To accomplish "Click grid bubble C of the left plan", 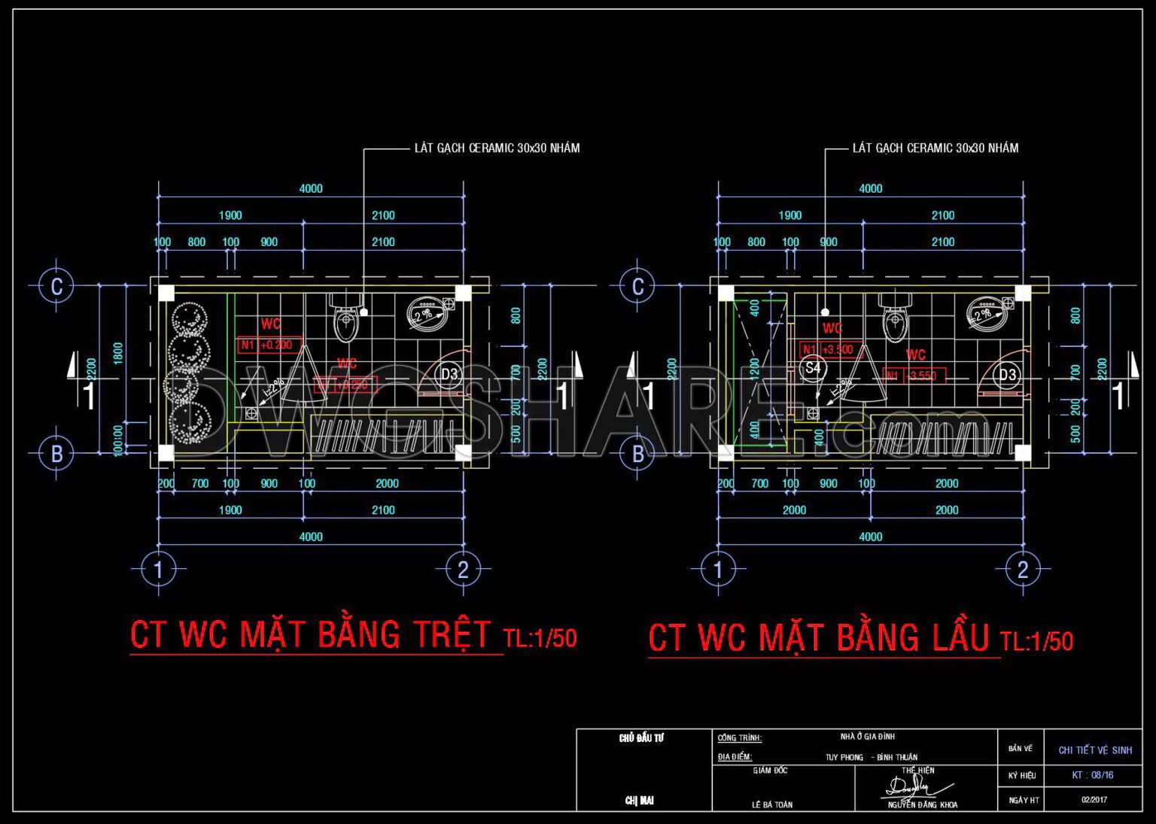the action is click(x=56, y=286).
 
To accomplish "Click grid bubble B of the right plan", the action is click(x=637, y=454).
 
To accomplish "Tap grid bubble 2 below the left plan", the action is click(x=463, y=570).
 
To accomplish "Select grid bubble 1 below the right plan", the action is click(x=717, y=570).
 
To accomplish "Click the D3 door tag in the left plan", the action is click(x=449, y=374).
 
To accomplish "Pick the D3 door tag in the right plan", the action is click(x=1008, y=375).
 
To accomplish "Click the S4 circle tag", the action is click(x=813, y=368).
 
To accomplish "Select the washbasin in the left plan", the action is click(x=427, y=314).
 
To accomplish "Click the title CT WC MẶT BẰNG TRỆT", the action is click(x=310, y=634).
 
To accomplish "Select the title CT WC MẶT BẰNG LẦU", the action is click(x=818, y=638).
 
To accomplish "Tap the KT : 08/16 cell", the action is click(x=1093, y=775).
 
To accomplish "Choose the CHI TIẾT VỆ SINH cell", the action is click(x=1095, y=750).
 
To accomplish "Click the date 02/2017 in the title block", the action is click(x=1094, y=800).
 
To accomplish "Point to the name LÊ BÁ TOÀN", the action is click(x=772, y=804).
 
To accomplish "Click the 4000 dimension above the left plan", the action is click(x=311, y=189).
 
